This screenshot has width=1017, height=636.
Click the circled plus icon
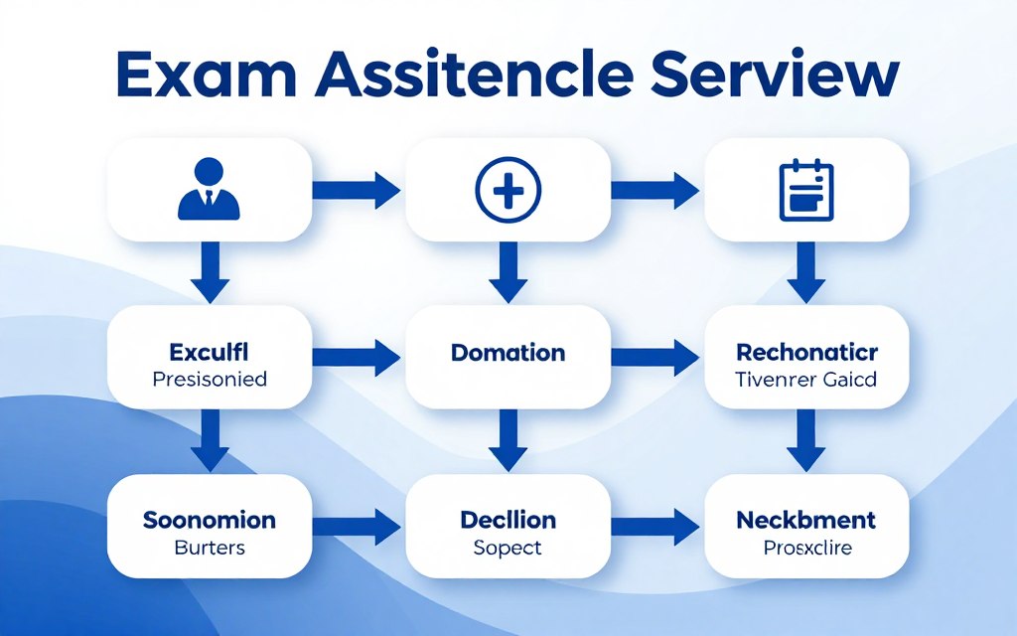508,189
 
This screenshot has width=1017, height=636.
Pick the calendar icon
805,188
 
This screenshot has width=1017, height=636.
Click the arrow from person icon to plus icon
357,189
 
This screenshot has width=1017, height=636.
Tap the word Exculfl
209,353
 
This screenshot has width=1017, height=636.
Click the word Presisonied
209,379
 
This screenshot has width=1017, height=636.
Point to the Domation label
508,353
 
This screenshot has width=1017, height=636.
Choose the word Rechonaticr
806,353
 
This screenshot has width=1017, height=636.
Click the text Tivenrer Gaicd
806,379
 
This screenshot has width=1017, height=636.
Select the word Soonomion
209,521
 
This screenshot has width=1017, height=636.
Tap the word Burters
209,548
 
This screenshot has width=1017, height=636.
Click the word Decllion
508,521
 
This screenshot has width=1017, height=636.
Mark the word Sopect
508,548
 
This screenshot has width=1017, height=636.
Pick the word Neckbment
806,521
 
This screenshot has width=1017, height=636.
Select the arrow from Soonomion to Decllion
357,525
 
